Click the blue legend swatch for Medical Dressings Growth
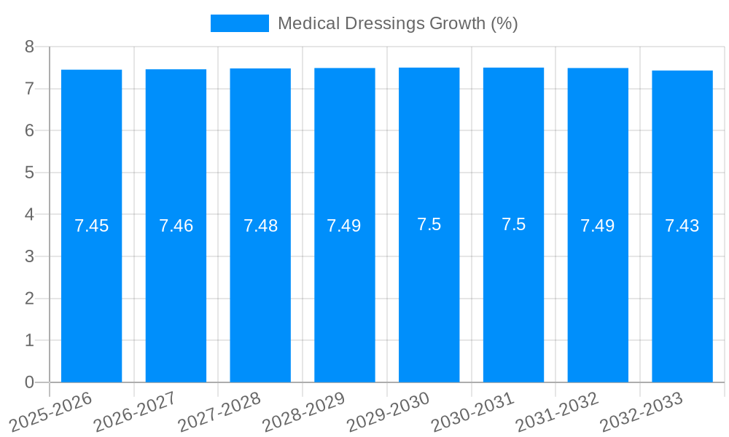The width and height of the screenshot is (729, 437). pos(239,23)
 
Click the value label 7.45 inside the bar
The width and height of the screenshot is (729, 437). pos(91,226)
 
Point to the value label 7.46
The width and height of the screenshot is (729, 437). pos(176,226)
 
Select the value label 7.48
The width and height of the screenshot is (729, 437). pos(260,226)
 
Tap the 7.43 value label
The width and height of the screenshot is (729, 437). pos(682,226)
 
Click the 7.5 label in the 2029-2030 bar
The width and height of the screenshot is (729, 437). pos(429,224)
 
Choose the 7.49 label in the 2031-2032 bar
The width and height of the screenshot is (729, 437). pos(598,226)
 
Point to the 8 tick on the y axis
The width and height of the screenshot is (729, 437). pos(29,47)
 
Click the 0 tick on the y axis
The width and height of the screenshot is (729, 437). pos(29,382)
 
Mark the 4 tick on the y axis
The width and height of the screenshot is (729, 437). pos(29,215)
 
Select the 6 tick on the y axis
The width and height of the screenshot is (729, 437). pos(29,131)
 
